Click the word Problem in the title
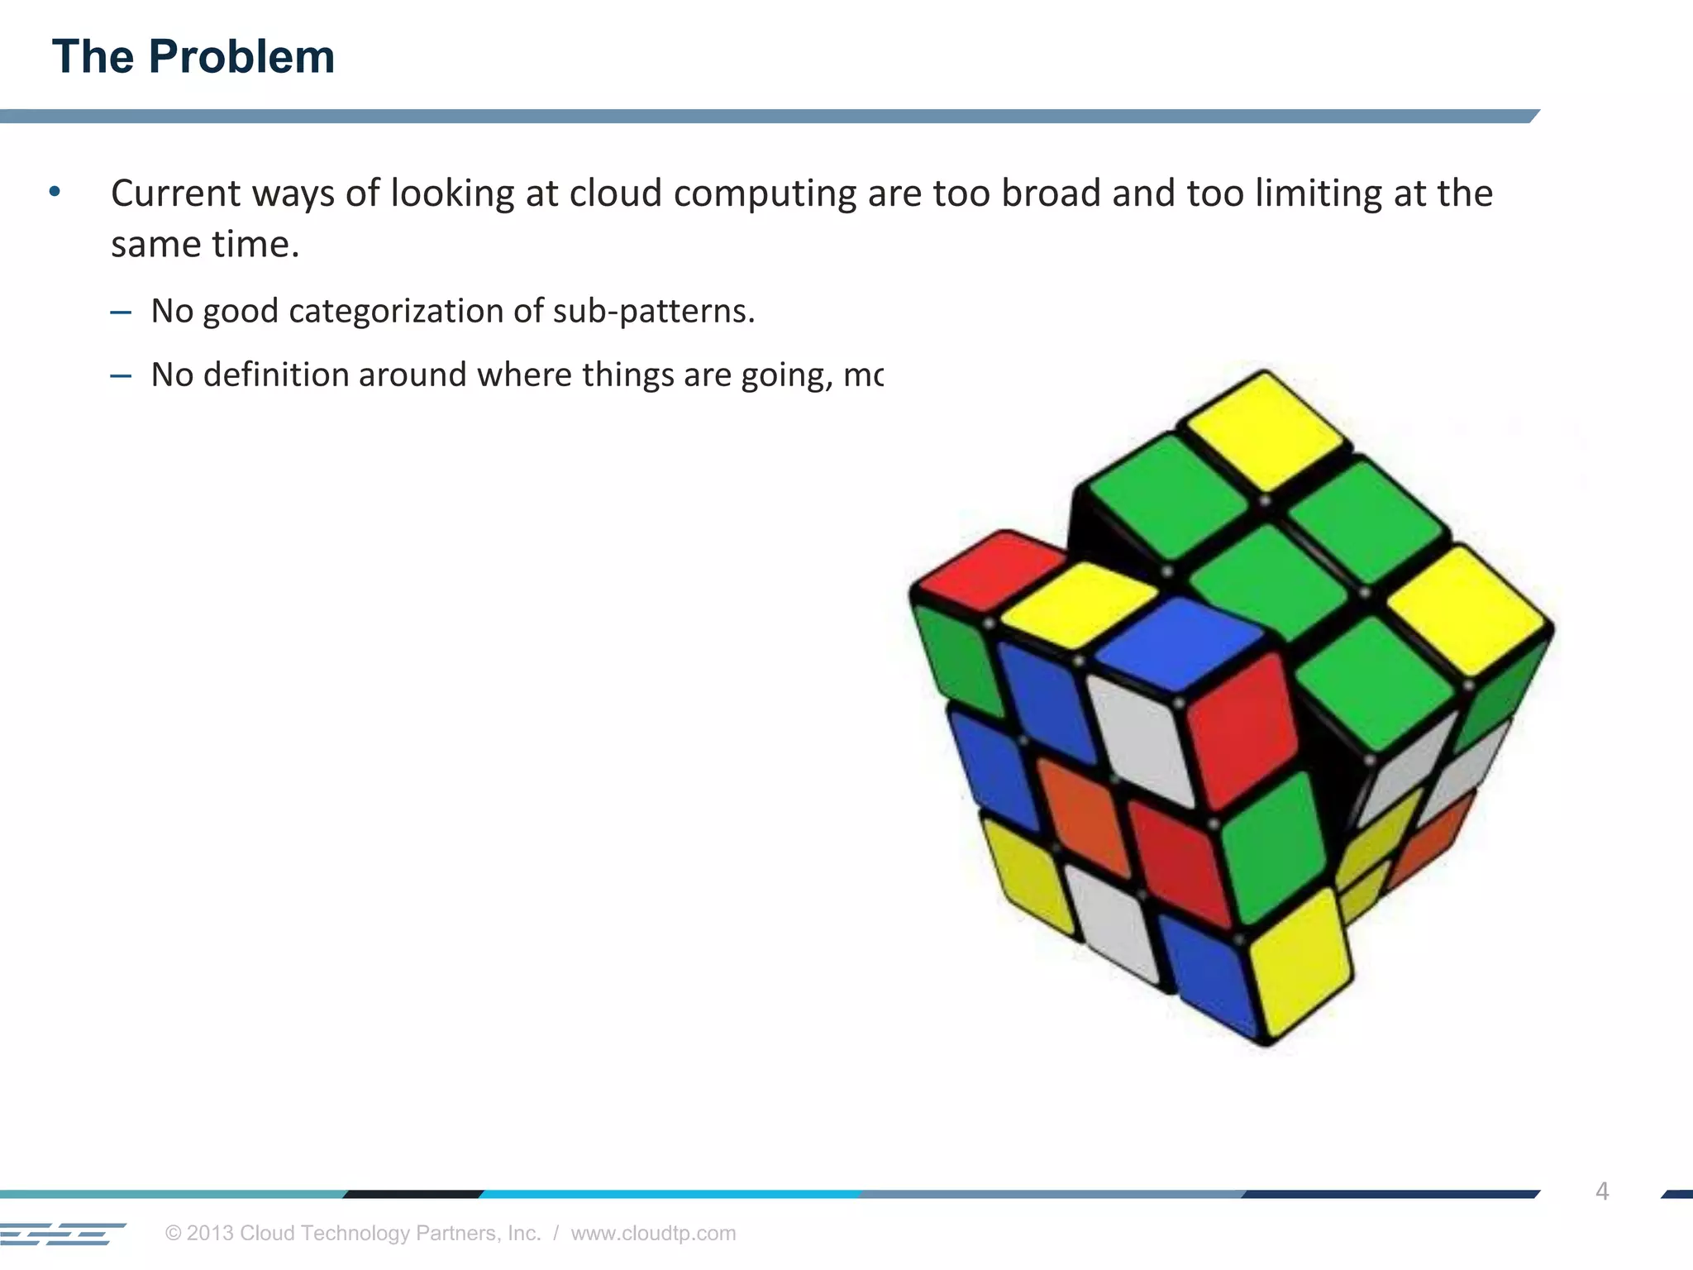241,57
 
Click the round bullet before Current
55,192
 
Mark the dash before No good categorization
121,313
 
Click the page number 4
1602,1191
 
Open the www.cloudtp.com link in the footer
653,1233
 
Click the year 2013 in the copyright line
211,1233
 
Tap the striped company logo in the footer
63,1233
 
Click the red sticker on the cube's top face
992,571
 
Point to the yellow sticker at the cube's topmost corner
1263,430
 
